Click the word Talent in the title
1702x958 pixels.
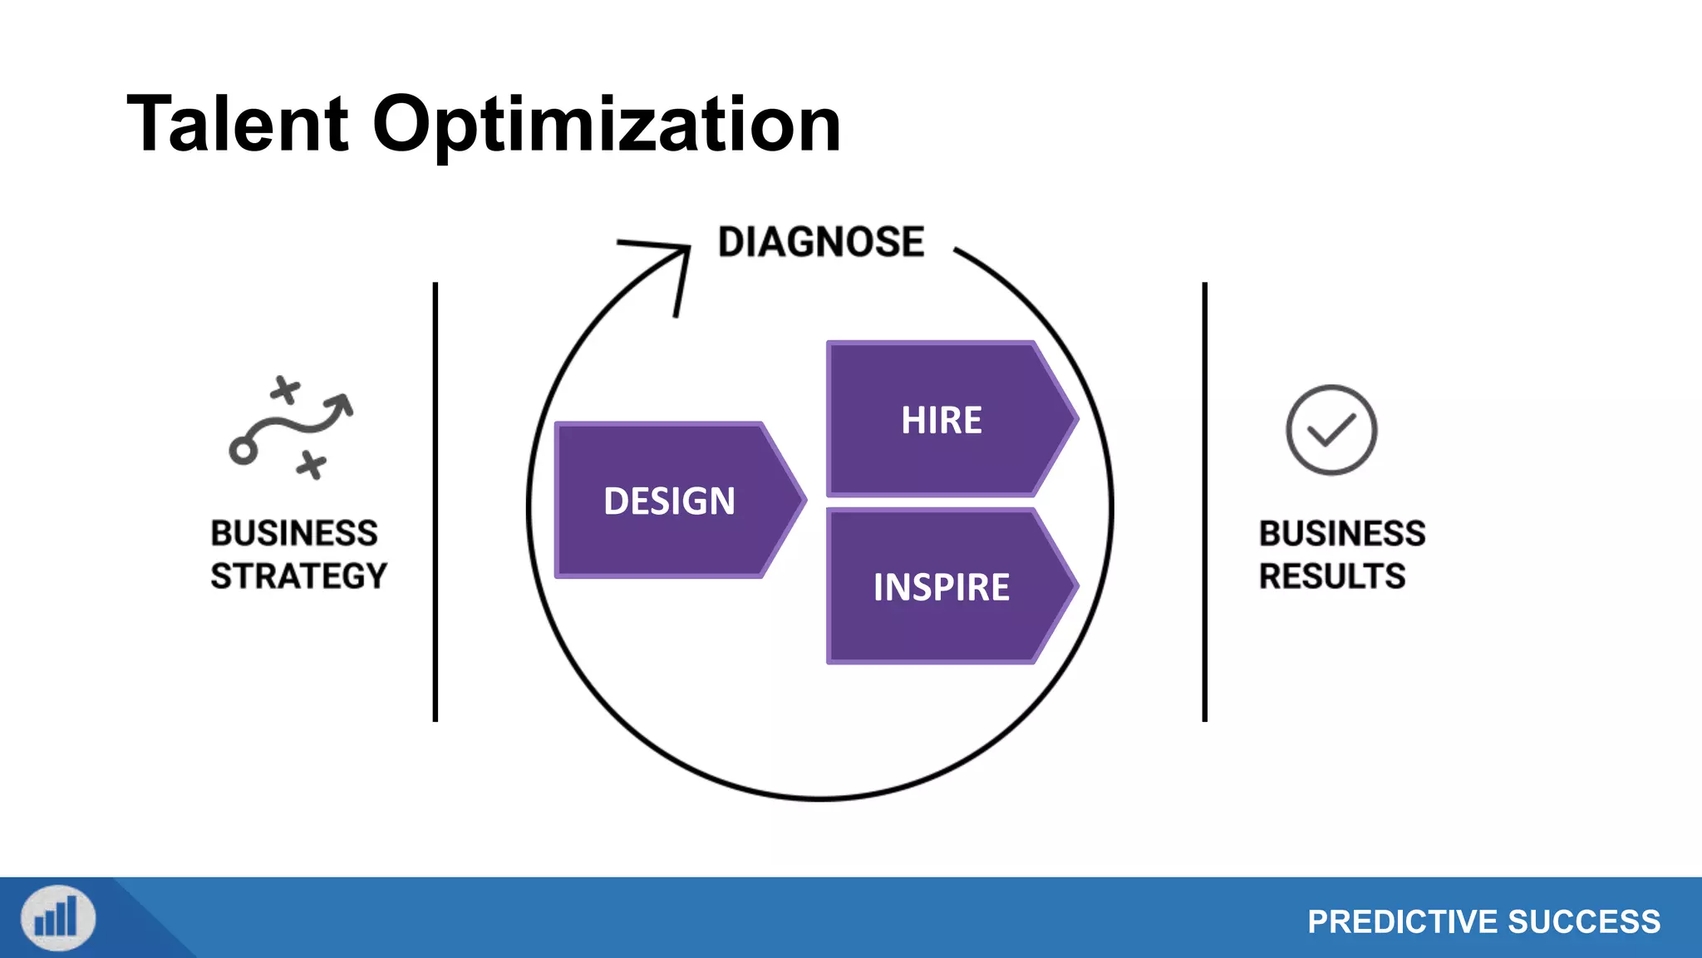click(x=238, y=125)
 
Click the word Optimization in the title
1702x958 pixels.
click(x=607, y=125)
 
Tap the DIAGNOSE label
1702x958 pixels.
click(x=820, y=243)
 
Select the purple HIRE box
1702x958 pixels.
click(x=942, y=420)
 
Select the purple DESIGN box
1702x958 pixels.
click(x=670, y=501)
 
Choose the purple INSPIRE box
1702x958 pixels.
click(x=942, y=587)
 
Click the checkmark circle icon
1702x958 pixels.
click(x=1331, y=430)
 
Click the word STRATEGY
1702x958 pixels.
click(x=299, y=576)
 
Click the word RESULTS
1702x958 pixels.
click(x=1332, y=576)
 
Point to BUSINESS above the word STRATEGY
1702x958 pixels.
click(x=294, y=533)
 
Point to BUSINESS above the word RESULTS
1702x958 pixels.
click(x=1342, y=533)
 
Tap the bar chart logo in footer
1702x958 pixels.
click(x=58, y=918)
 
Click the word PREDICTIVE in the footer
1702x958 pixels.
click(x=1402, y=921)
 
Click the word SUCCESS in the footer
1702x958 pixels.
click(x=1584, y=921)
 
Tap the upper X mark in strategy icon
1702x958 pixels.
click(x=285, y=389)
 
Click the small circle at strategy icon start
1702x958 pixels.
click(x=243, y=452)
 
